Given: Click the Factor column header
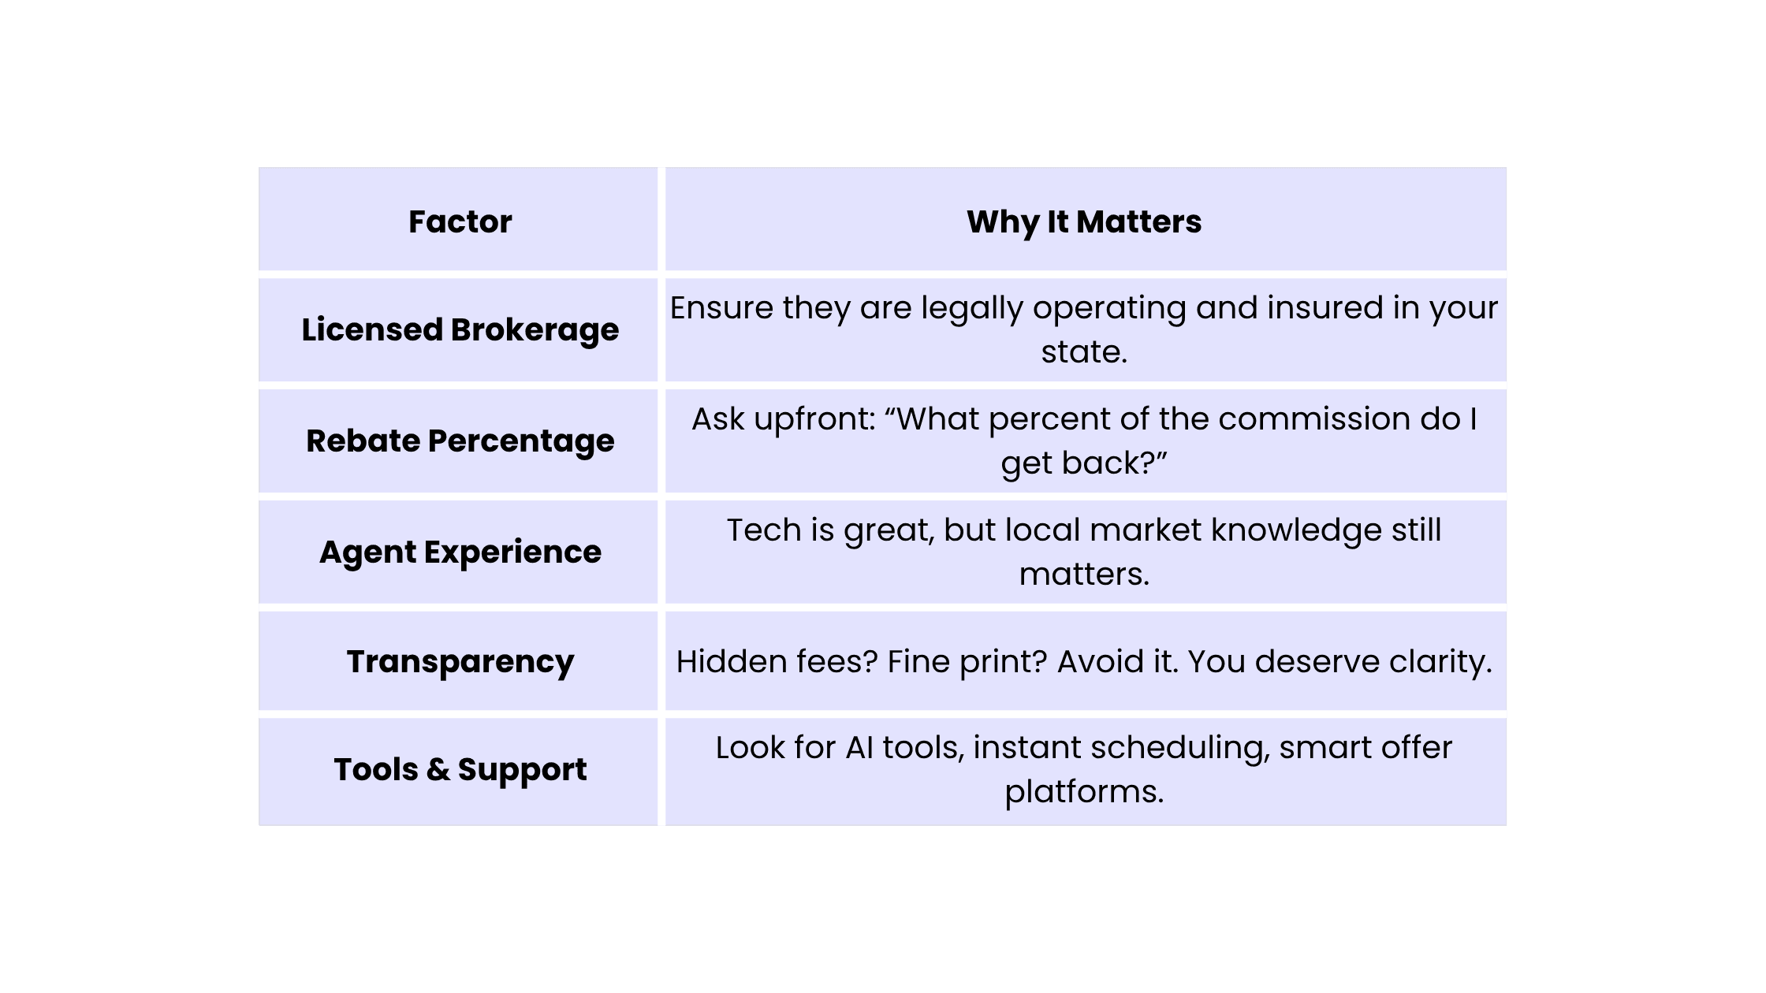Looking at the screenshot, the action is pos(460,221).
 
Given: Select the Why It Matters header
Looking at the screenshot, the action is pos(1084,222).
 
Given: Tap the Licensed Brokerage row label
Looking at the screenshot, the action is pos(460,329).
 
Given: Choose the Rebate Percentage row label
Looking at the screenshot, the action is pos(460,441).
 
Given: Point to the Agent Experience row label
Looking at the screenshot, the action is pos(460,552).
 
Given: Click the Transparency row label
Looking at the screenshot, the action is pos(460,662).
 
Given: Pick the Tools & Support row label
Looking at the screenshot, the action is pos(460,769).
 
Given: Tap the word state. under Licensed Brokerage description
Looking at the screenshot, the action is pos(1084,352).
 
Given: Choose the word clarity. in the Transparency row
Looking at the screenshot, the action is pos(1440,662).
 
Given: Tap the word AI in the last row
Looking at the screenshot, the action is pos(859,747).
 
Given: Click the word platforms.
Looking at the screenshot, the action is pos(1084,792).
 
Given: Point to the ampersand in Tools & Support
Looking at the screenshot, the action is pos(438,768).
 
